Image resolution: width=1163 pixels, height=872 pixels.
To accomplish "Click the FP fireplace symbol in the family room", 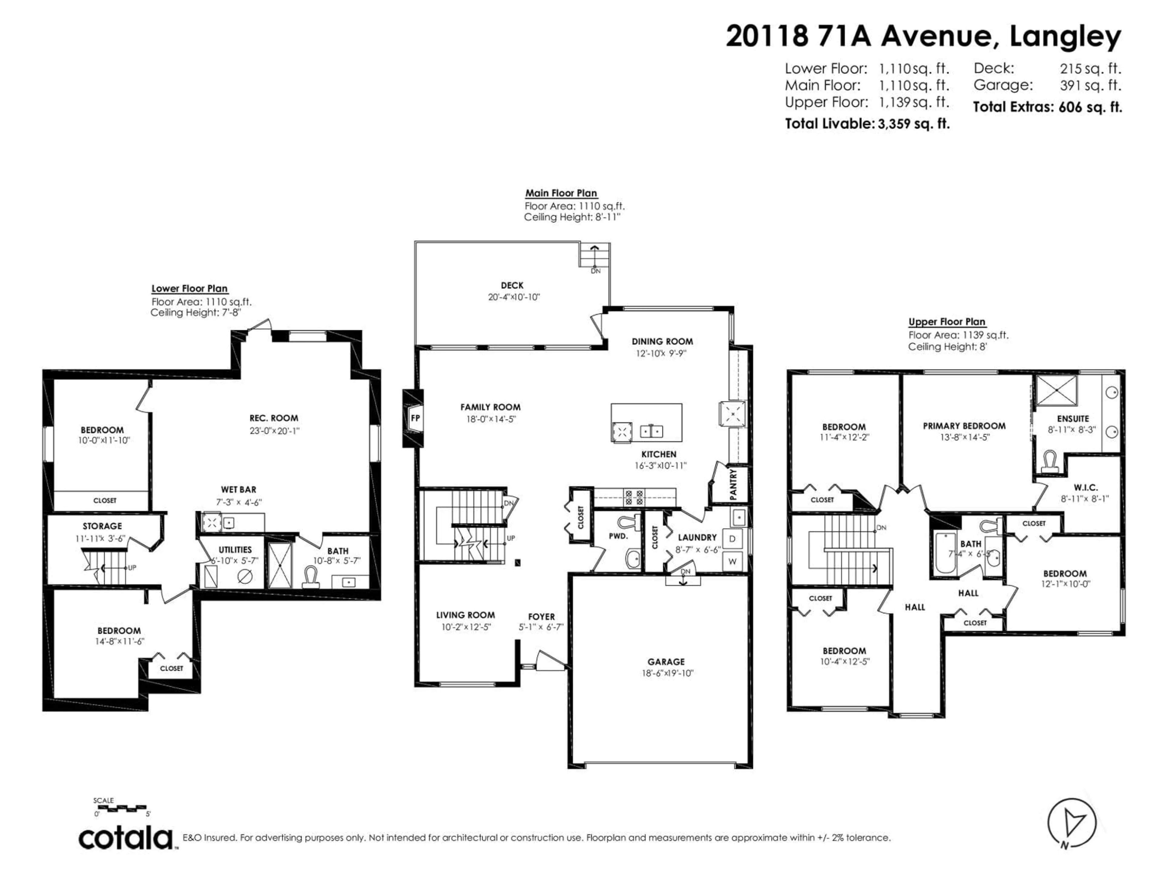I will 415,418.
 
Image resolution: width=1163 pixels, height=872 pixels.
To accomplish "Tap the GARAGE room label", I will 666,662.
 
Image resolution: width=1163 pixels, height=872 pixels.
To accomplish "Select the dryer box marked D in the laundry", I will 732,539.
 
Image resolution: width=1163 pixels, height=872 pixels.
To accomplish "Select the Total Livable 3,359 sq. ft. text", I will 867,124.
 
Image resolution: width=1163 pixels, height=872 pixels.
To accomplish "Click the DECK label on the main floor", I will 512,286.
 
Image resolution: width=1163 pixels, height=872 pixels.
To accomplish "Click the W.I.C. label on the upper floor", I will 1086,488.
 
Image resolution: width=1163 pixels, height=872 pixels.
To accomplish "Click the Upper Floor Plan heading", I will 946,322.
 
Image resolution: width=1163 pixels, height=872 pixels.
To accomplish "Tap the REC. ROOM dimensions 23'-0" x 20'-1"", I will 274,431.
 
